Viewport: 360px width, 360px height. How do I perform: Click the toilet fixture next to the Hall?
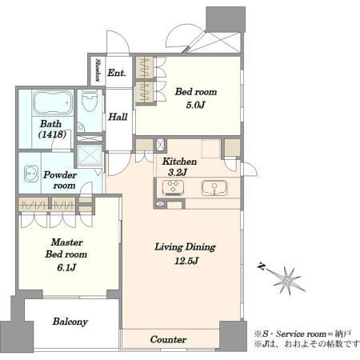[x=90, y=101]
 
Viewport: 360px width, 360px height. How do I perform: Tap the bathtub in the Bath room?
[x=53, y=102]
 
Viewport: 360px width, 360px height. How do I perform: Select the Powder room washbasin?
[x=31, y=174]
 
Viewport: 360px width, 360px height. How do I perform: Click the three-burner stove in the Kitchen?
[x=173, y=188]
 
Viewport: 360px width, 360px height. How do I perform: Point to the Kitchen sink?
[x=214, y=188]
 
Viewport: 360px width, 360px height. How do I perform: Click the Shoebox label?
[x=98, y=70]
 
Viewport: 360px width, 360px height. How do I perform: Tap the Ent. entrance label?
[x=117, y=73]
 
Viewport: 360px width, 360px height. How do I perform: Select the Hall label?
[x=118, y=117]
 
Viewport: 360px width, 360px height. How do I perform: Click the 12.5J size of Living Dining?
[x=186, y=260]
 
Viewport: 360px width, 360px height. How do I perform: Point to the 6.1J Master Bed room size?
[x=66, y=267]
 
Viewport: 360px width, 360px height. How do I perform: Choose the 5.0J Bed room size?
[x=195, y=105]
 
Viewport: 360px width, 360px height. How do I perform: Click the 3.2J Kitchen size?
[x=178, y=172]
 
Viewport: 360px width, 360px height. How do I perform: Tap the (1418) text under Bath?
[x=52, y=134]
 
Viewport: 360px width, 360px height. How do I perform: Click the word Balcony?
[x=70, y=322]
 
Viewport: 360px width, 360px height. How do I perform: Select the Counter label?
[x=168, y=339]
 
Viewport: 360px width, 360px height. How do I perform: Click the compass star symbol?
[x=287, y=281]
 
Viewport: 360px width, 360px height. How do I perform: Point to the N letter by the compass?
[x=262, y=266]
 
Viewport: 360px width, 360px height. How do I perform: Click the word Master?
[x=67, y=242]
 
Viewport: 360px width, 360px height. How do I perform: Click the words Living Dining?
[x=186, y=247]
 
